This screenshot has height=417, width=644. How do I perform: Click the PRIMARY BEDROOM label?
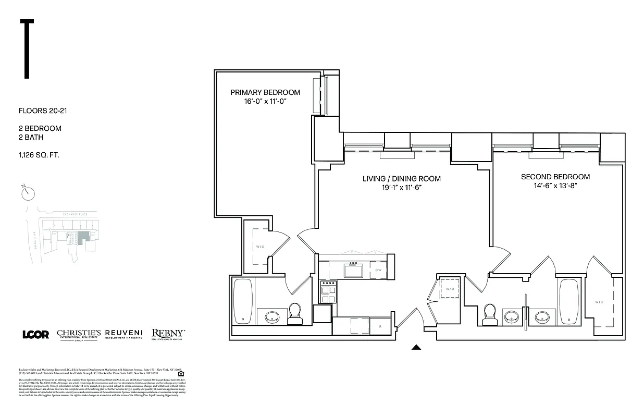point(265,92)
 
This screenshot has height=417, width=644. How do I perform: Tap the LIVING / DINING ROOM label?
point(401,179)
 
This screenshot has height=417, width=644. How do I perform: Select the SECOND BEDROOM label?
point(555,177)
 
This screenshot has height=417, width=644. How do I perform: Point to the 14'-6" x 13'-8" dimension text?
point(555,185)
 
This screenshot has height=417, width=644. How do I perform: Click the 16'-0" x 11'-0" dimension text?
point(265,101)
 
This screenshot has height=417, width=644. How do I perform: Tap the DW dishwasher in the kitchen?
point(379,270)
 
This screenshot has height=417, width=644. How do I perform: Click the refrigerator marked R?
point(379,326)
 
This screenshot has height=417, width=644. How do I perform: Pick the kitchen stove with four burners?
point(328,291)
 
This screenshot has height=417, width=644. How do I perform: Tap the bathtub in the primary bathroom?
point(243,301)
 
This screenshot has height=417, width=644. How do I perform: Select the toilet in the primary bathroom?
point(294,313)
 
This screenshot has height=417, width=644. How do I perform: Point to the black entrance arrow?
point(416,347)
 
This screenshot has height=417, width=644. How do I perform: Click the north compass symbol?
point(28,192)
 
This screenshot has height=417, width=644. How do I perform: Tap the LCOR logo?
point(36,334)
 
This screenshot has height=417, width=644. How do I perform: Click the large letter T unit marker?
point(26,49)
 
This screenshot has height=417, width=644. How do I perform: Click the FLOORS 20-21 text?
point(43,111)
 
